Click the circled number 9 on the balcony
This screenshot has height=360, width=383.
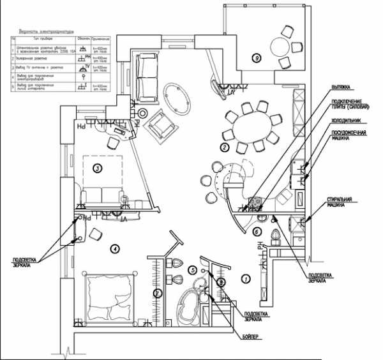click(256, 58)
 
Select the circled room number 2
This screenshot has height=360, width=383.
click(224, 147)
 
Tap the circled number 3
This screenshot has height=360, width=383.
click(98, 169)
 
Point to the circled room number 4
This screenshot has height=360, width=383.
click(115, 249)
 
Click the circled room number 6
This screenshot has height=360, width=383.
click(257, 232)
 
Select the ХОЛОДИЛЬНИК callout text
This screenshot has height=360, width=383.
click(347, 120)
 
